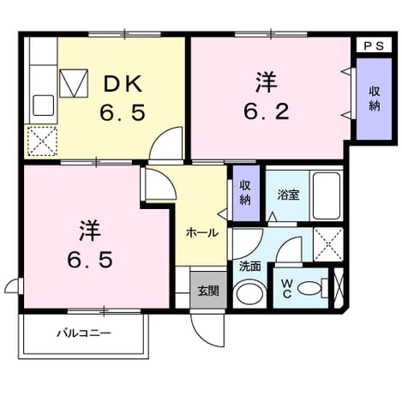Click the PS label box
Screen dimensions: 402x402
(374, 45)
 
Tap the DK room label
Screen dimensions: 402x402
(123, 84)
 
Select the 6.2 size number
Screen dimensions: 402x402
(267, 111)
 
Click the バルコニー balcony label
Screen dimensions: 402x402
(84, 333)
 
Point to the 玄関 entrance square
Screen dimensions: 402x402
(208, 290)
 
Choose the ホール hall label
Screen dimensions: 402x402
(202, 233)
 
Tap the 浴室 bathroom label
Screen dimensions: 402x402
(288, 195)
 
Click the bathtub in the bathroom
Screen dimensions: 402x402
(327, 196)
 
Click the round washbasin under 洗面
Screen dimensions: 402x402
(250, 293)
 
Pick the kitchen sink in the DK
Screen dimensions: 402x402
(44, 105)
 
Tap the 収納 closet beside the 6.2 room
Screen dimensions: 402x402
(374, 99)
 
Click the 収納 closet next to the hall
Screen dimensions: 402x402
(246, 193)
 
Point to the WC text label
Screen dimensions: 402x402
(287, 289)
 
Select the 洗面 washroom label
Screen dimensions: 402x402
(250, 267)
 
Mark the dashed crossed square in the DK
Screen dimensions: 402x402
(43, 141)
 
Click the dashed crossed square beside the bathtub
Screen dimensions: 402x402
(328, 244)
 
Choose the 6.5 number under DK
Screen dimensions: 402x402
(123, 112)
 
